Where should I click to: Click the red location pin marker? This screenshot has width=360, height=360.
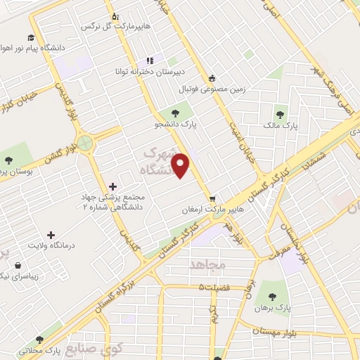[182, 166]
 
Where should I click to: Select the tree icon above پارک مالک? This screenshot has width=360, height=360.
[281, 112]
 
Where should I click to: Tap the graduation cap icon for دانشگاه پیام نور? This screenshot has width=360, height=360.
[30, 39]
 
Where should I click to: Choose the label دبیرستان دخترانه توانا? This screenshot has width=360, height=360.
[149, 72]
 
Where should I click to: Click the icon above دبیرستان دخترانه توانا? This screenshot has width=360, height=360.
[149, 60]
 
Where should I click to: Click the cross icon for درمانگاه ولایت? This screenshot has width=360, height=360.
[51, 235]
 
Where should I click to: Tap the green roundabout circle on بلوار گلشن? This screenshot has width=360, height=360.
[86, 143]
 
